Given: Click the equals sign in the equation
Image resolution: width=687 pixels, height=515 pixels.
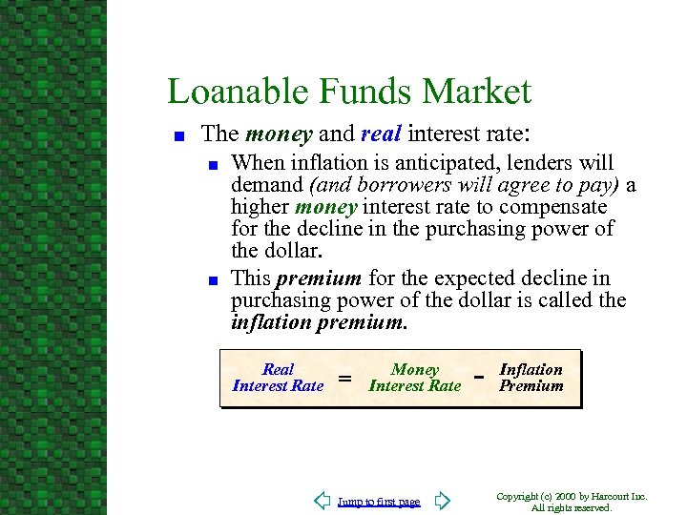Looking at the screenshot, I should (x=345, y=379).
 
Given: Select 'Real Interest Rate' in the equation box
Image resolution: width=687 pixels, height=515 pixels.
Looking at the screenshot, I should (x=278, y=378).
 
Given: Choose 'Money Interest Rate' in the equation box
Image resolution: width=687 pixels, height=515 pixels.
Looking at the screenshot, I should (x=414, y=378).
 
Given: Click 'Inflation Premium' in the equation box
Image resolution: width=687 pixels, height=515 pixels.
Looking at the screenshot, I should (x=531, y=378).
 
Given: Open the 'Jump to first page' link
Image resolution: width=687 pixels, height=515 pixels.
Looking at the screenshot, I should (x=379, y=502).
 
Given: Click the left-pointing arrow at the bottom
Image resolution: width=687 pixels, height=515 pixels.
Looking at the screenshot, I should (x=323, y=501).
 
